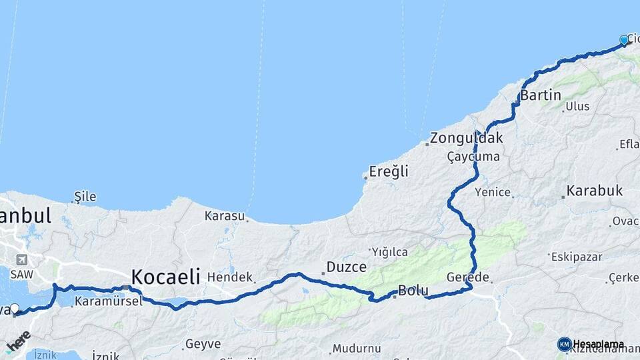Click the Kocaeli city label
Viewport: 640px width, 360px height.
point(166,277)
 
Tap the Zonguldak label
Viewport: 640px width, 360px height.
point(466,139)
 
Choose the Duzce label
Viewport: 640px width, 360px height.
point(346,267)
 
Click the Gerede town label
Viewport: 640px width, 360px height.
point(468,277)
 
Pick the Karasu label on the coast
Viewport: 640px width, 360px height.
point(225,216)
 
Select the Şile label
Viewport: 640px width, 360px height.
point(85,197)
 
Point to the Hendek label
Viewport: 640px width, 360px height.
point(230,277)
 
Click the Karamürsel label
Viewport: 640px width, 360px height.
point(99,301)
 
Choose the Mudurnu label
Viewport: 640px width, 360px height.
point(357,348)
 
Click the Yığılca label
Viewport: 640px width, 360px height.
point(389,252)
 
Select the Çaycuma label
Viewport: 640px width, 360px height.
point(473,157)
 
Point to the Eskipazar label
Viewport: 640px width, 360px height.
point(577,257)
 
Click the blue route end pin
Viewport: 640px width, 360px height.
point(624,41)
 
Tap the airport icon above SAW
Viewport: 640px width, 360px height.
point(22,260)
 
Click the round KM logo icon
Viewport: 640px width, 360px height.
point(564,344)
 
